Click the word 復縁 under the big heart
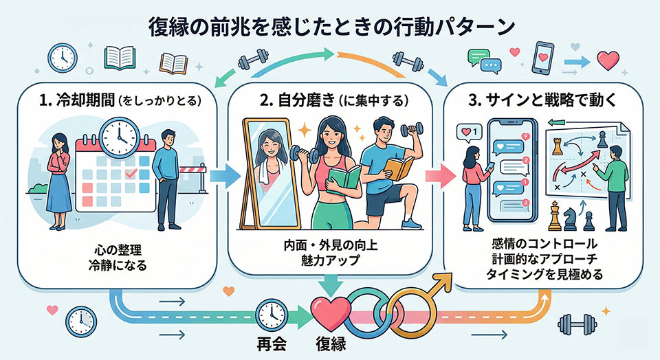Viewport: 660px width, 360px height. point(331,341)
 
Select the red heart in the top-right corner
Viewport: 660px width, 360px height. point(608,60)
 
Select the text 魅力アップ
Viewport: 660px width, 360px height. point(329,261)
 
